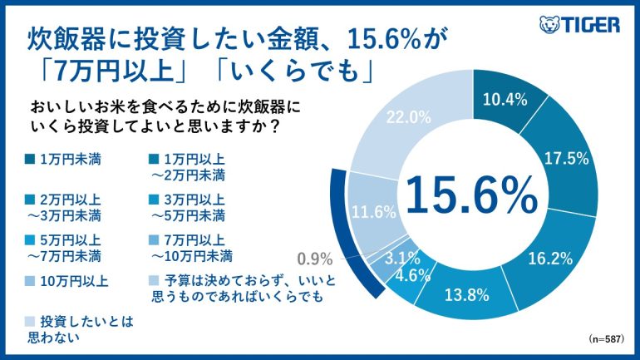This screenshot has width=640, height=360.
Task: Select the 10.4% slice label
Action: point(505,101)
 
